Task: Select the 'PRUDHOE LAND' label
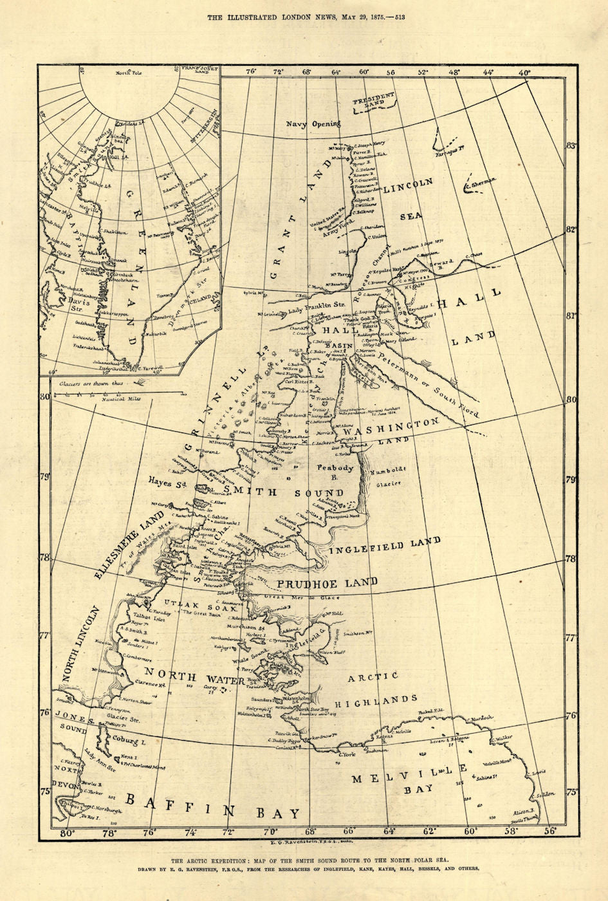tap(327, 583)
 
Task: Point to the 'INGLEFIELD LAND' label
tap(385, 546)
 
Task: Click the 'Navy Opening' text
tap(313, 124)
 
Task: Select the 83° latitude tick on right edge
tap(569, 147)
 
